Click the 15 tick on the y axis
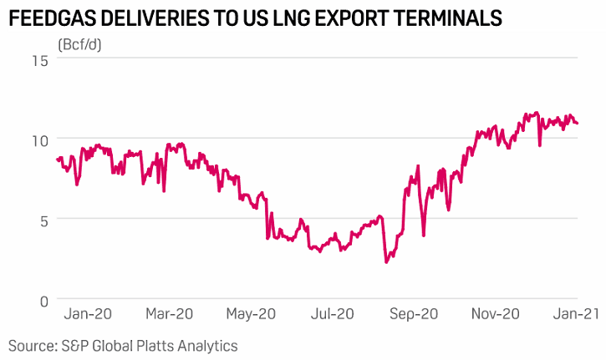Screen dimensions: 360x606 point(39,59)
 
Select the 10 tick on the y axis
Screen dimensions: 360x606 point(39,139)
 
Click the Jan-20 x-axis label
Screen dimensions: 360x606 point(88,315)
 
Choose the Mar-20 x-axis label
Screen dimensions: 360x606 point(170,315)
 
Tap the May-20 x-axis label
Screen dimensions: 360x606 point(251,315)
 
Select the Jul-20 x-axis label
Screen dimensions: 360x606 point(332,315)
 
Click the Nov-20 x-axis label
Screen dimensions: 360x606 point(495,315)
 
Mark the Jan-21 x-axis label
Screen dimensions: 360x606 point(577,315)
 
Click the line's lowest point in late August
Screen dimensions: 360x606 point(386,262)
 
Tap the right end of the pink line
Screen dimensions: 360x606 point(578,124)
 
